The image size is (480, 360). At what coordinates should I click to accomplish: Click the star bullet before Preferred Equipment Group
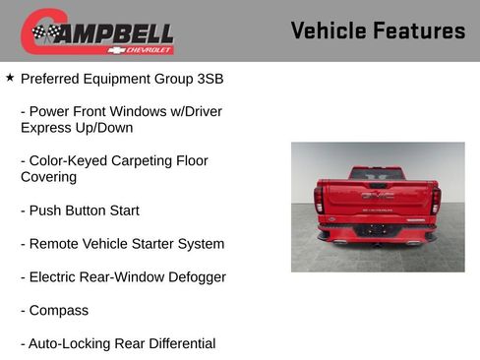coord(10,76)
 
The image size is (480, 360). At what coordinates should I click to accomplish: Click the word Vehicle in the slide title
coord(328,30)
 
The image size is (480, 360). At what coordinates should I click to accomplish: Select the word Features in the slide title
coord(418,30)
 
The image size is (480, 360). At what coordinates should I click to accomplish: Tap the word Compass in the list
coord(59,310)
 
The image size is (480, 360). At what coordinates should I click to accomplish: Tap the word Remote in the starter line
coord(55,243)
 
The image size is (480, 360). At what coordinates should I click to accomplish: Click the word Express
coord(47,127)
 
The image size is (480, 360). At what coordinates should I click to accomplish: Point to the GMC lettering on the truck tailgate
coord(377,195)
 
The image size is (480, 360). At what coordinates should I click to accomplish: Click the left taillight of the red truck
coord(319,200)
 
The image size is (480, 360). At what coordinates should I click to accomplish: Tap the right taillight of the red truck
coord(435,200)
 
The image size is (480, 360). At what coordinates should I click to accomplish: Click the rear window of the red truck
coord(377,173)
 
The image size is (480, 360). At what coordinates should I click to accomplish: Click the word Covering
coord(48,177)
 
